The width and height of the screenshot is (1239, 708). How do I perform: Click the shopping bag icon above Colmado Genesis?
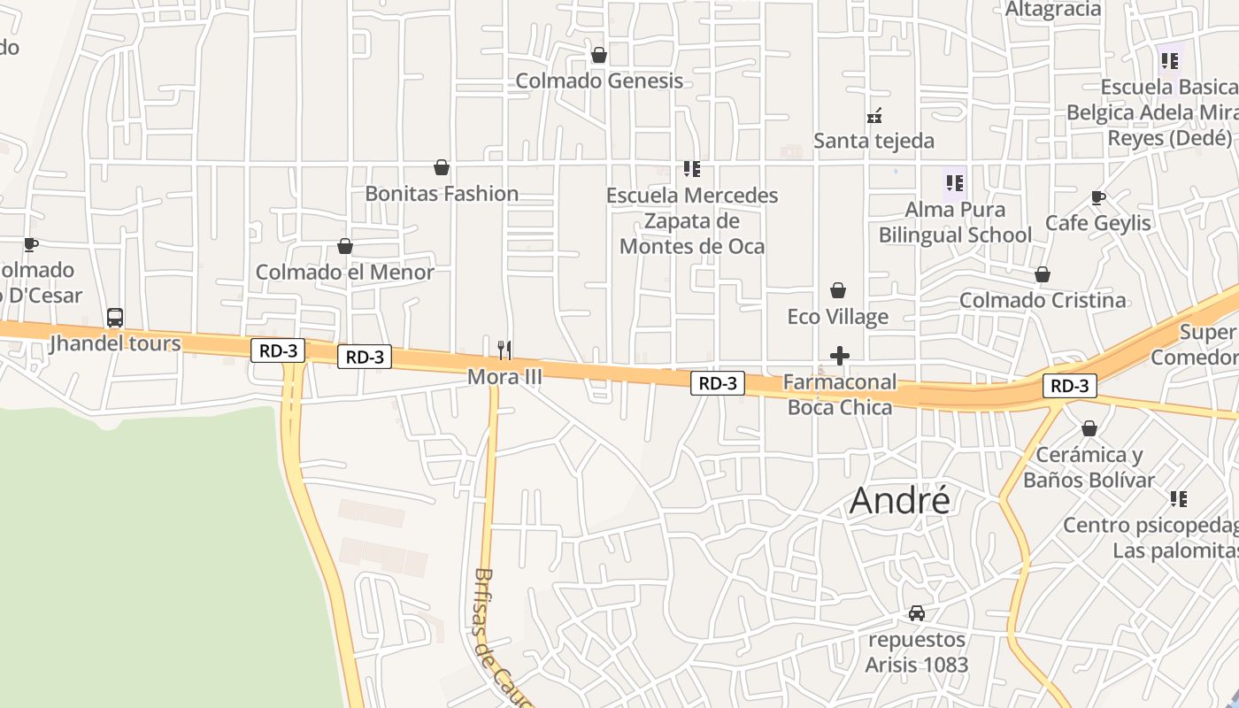click(x=599, y=56)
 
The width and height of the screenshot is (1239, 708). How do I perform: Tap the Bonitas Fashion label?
click(x=442, y=194)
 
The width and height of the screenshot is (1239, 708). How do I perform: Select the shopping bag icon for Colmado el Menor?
click(x=345, y=246)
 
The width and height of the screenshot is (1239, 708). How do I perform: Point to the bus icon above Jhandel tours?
click(x=115, y=318)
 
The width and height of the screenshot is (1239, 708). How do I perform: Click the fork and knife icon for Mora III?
click(x=504, y=350)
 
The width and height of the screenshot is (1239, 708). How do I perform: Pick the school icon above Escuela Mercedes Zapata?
click(x=692, y=168)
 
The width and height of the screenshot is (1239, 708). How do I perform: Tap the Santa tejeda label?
click(x=873, y=141)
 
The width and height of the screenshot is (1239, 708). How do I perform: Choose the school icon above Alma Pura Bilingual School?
click(x=954, y=183)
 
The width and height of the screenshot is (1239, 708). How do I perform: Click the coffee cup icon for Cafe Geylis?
click(x=1098, y=198)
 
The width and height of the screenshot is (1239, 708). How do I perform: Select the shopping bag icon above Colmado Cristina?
click(x=1043, y=274)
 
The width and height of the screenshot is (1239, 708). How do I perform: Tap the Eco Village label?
click(x=837, y=317)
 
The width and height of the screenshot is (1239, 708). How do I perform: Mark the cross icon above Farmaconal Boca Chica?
click(x=840, y=356)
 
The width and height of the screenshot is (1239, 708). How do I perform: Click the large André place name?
click(x=900, y=501)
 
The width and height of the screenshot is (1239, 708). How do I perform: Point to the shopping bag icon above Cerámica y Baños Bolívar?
click(x=1089, y=428)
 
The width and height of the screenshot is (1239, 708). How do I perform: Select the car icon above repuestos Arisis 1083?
click(x=917, y=612)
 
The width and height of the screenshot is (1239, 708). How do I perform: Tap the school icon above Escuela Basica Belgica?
click(x=1170, y=61)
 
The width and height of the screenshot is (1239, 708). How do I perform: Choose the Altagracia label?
click(x=1053, y=10)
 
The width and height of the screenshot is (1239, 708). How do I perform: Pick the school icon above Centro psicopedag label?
click(x=1178, y=499)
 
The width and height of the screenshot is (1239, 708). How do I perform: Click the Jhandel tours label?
click(x=115, y=343)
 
